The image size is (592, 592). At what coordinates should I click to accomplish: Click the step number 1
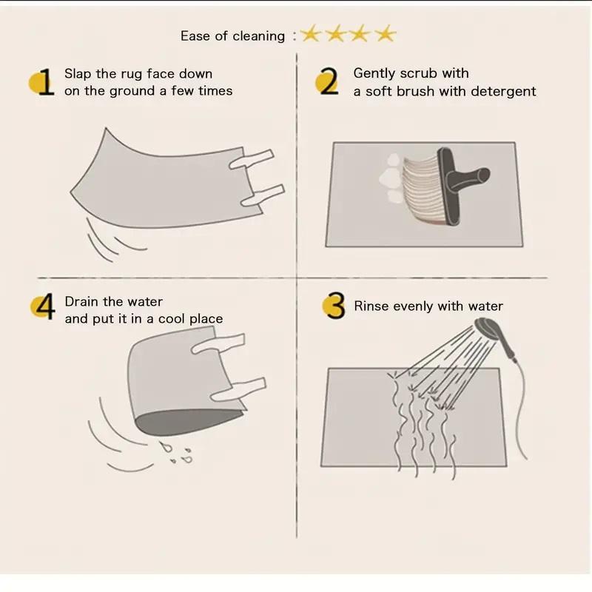[46, 82]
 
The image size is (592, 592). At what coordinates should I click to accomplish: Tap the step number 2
[329, 81]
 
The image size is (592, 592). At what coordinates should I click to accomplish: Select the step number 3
[336, 306]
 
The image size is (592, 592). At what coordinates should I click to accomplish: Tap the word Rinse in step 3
[371, 306]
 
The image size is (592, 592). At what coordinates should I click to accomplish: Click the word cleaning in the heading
[258, 36]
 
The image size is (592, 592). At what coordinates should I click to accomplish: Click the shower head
[491, 328]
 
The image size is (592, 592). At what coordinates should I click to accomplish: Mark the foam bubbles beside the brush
[392, 178]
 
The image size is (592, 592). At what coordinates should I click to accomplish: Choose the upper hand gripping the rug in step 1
[252, 159]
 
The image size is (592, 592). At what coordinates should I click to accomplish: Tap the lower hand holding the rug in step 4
[238, 389]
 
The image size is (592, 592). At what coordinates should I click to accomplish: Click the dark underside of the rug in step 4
[186, 421]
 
